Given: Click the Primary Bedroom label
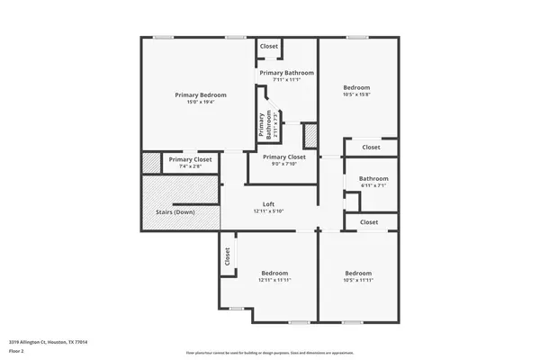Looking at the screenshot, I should tap(201, 94).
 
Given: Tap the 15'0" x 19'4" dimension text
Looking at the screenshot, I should tap(201, 102).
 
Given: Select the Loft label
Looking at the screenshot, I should tap(268, 204).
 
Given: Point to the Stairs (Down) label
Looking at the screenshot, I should tap(175, 212).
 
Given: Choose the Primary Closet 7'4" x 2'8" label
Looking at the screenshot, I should tap(190, 159).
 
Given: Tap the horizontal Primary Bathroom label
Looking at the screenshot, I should tap(287, 72).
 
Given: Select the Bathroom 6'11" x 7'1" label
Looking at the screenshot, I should tap(373, 178).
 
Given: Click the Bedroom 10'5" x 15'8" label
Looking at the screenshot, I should tap(357, 87).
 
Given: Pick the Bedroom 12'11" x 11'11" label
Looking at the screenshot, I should tap(274, 273).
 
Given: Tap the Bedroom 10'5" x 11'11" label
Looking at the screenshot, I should tap(358, 273).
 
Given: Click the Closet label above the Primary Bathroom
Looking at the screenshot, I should tap(269, 46).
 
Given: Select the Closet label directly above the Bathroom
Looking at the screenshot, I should tap(371, 147).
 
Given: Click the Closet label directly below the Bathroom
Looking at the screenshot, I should tap(369, 221).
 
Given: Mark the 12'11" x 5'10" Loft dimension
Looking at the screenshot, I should tap(268, 211).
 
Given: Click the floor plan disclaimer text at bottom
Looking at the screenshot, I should tap(269, 352).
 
